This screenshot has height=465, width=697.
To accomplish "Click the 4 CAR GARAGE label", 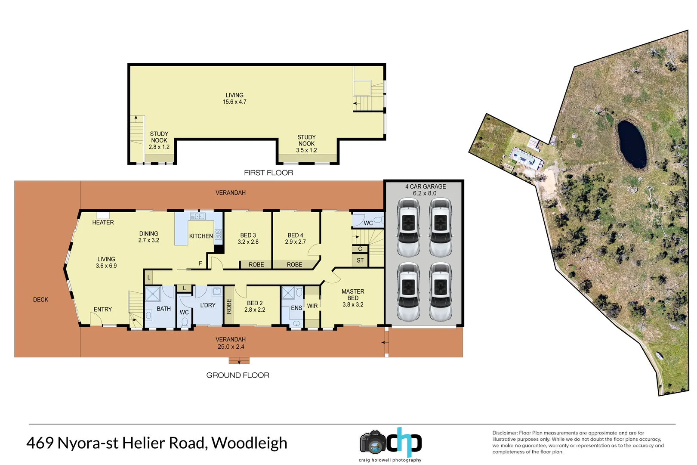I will [x=425, y=186].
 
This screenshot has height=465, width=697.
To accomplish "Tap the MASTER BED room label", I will [x=353, y=294].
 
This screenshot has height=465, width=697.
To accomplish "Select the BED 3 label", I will [x=248, y=235].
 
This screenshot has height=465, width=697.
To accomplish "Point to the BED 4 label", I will [x=295, y=235].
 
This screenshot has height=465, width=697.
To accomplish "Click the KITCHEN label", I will [x=201, y=236].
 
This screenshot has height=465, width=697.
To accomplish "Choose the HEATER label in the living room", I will [x=103, y=222].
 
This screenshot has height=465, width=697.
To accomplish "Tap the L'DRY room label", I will [x=208, y=305].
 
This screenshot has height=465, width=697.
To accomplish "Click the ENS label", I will [x=296, y=308].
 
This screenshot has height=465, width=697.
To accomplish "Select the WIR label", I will [x=312, y=306].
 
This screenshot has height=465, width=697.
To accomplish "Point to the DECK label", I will [x=41, y=300].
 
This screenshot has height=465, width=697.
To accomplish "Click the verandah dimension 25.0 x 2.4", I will [x=231, y=347].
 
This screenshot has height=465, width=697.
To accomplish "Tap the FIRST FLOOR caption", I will [x=268, y=173].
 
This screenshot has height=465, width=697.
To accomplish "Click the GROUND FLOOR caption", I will [x=237, y=375].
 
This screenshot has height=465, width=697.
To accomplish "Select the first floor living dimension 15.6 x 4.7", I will [x=234, y=102].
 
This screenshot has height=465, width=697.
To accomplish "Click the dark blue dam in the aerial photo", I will [x=631, y=144].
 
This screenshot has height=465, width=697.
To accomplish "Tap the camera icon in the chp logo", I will [x=373, y=442].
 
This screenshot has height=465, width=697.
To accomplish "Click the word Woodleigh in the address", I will [x=249, y=443].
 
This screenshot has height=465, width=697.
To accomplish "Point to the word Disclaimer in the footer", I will [x=505, y=433].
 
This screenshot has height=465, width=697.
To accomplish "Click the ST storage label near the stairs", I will [x=360, y=260].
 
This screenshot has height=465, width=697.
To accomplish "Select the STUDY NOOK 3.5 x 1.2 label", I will [x=306, y=144].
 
